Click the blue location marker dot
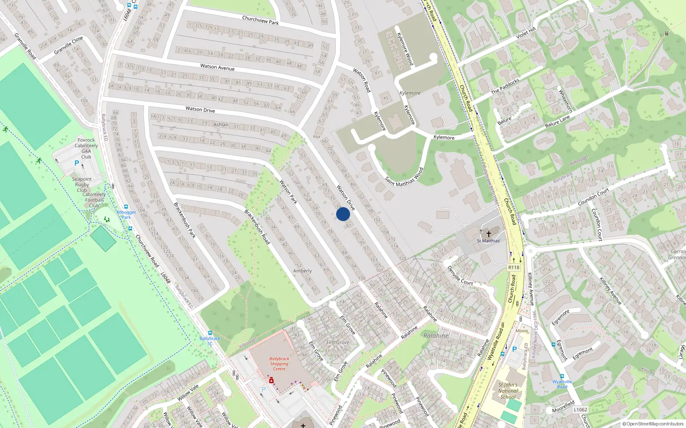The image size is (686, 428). (x=343, y=214)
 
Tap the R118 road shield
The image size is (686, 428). (x=514, y=267)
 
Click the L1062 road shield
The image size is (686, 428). (x=581, y=410)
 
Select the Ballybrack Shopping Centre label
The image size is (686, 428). (x=279, y=364)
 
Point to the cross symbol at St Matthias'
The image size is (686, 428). (x=488, y=234)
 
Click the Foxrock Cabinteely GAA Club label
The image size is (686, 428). (x=86, y=148)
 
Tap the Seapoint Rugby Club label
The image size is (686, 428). (x=82, y=184)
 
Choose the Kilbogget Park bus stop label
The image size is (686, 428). (x=126, y=214)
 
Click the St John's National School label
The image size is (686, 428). (x=508, y=391)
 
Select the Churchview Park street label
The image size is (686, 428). (x=260, y=20)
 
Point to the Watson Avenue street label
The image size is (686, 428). (x=217, y=67)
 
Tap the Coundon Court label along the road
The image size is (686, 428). (x=593, y=197)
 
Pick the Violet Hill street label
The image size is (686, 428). (x=526, y=33)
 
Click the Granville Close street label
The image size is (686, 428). (x=69, y=45)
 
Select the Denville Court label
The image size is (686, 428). (x=460, y=276)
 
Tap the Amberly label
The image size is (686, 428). (x=302, y=271)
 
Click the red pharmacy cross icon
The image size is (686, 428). (x=271, y=380)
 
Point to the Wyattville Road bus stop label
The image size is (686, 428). (x=562, y=384)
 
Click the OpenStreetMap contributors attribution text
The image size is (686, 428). (x=653, y=424)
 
